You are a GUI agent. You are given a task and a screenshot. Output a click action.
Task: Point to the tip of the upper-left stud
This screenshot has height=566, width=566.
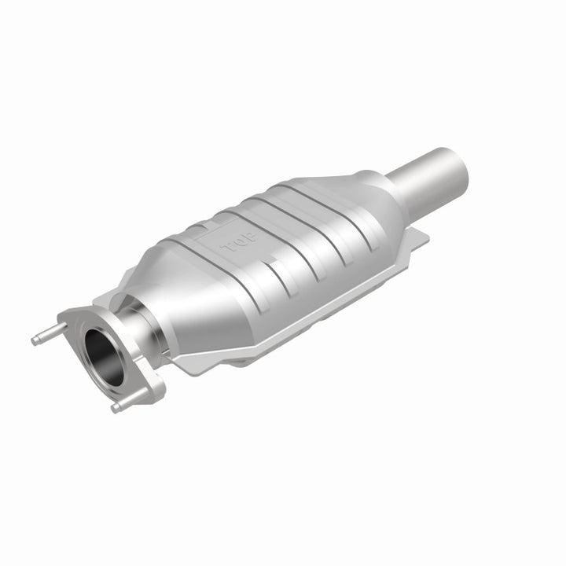click(35, 340)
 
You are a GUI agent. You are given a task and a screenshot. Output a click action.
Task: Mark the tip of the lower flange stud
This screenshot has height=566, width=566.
click(116, 407)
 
